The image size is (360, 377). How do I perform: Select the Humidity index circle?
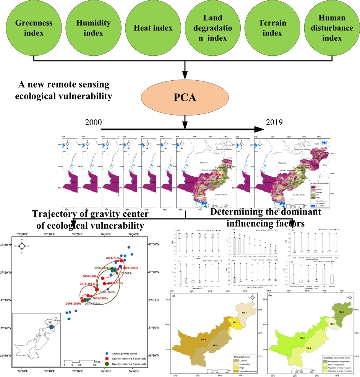[89, 28]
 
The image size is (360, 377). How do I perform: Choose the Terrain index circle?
[269, 28]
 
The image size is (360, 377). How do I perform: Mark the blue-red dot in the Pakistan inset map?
[51, 328]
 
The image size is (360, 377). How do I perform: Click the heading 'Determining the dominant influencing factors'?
[266, 217]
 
